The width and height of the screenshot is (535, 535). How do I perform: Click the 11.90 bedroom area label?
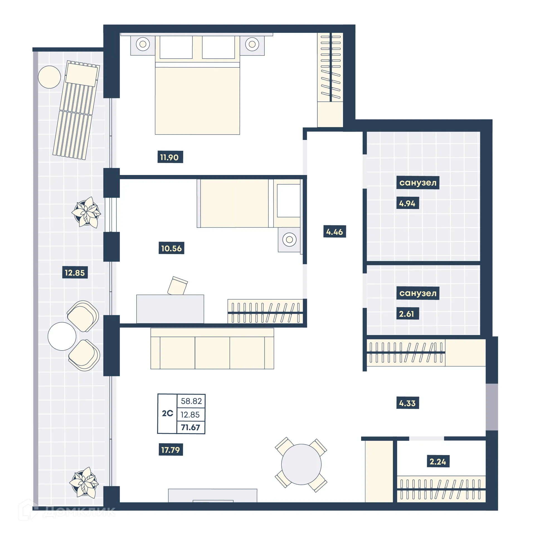(170, 157)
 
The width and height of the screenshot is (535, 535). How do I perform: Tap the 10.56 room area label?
(171, 248)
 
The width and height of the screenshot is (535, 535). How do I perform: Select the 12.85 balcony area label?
(75, 273)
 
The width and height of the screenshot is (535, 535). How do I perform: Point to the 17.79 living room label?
(171, 450)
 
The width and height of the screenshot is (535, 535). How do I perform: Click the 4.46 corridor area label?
(334, 232)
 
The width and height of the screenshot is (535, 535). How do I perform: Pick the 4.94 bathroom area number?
(407, 203)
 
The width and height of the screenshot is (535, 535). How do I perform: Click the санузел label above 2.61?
(418, 293)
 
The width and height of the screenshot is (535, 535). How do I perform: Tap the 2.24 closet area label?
(438, 462)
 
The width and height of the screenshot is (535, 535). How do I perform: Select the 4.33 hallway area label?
(407, 403)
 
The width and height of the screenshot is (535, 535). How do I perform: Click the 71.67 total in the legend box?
(191, 427)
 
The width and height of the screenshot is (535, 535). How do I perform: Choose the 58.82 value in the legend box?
(191, 401)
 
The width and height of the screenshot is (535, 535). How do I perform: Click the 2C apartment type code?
(167, 413)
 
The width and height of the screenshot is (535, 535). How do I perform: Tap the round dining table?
(301, 465)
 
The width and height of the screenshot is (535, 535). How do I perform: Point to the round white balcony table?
(62, 336)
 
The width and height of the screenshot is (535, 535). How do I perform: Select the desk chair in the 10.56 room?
(177, 286)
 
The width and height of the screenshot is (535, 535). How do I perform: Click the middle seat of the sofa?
(212, 353)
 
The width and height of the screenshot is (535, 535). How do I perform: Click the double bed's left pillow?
(176, 47)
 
